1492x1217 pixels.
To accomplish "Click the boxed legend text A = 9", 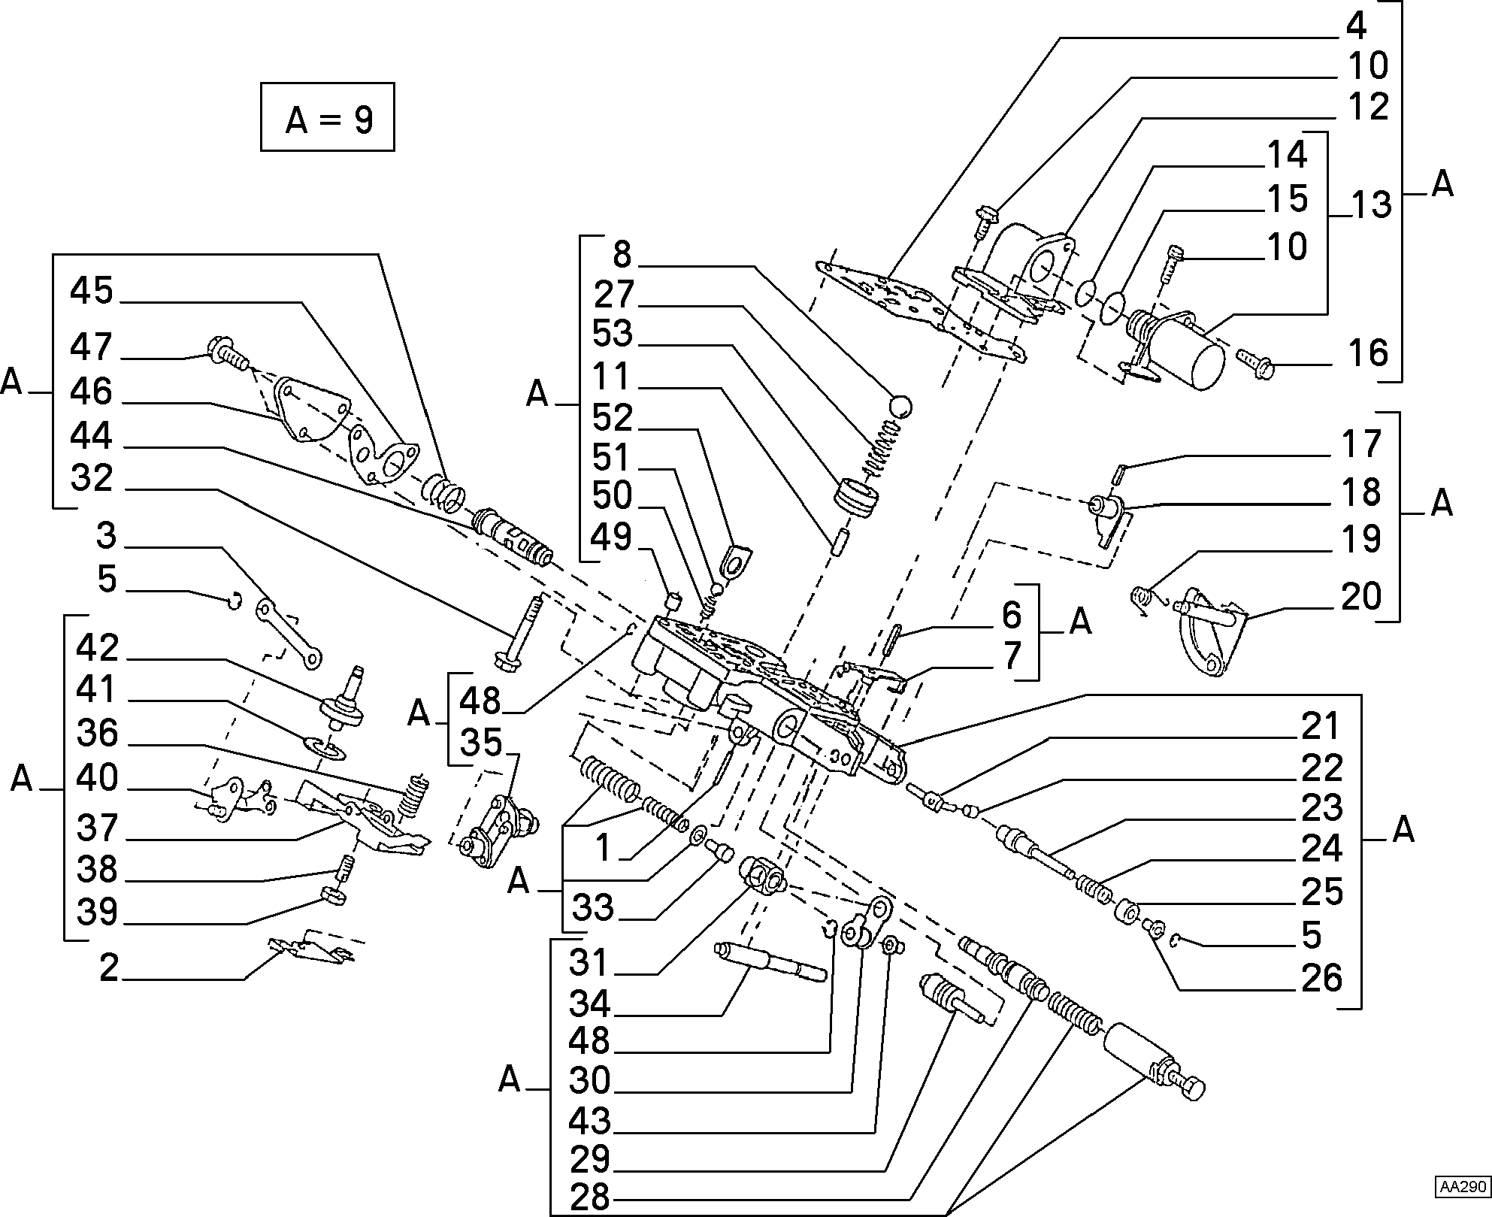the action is tap(328, 119).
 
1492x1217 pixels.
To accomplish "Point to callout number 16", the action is tap(1366, 353).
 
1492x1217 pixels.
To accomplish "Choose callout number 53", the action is tap(613, 334).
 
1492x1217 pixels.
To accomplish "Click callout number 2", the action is tap(110, 968).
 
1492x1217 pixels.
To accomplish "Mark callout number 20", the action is tap(1360, 598).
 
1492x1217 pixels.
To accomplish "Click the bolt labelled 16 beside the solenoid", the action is tap(1254, 365).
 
